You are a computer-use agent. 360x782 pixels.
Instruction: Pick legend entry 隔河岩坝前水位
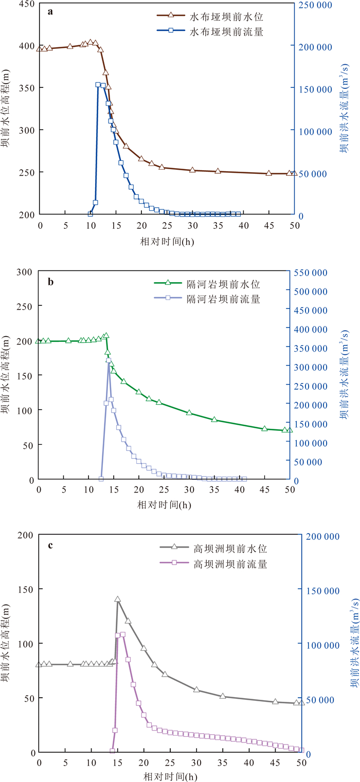[x=216, y=283]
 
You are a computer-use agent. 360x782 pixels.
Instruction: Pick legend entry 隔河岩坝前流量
[x=216, y=298]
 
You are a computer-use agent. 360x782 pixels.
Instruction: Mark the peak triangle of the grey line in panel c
[x=117, y=599]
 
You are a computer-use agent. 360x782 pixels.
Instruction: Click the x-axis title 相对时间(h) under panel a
[x=167, y=240]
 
